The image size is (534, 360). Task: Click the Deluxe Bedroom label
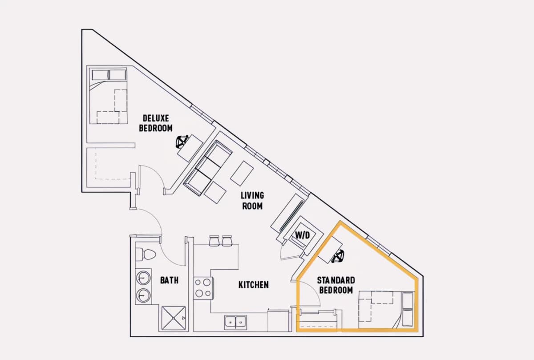(x=156, y=123)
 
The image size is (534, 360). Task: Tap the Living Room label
(x=252, y=201)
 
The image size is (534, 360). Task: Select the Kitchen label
(x=253, y=285)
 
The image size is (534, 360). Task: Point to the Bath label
(x=169, y=280)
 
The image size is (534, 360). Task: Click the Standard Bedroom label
(x=336, y=285)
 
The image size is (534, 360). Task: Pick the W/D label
(x=303, y=235)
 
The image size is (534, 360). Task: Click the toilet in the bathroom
(x=146, y=255)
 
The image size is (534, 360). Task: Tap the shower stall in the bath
(x=173, y=318)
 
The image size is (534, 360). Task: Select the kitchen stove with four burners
(x=203, y=288)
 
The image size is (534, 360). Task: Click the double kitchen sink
(x=235, y=322)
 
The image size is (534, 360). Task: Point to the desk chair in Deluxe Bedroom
(x=182, y=142)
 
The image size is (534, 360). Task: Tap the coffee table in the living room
(x=242, y=173)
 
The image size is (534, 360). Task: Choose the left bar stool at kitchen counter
(x=214, y=241)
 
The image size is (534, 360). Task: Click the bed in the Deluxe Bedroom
(x=108, y=96)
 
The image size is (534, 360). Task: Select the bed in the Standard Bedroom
(x=386, y=310)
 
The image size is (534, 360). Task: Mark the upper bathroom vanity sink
(x=143, y=278)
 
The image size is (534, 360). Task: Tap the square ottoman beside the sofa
(x=215, y=193)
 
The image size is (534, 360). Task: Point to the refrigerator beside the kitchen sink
(x=278, y=320)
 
